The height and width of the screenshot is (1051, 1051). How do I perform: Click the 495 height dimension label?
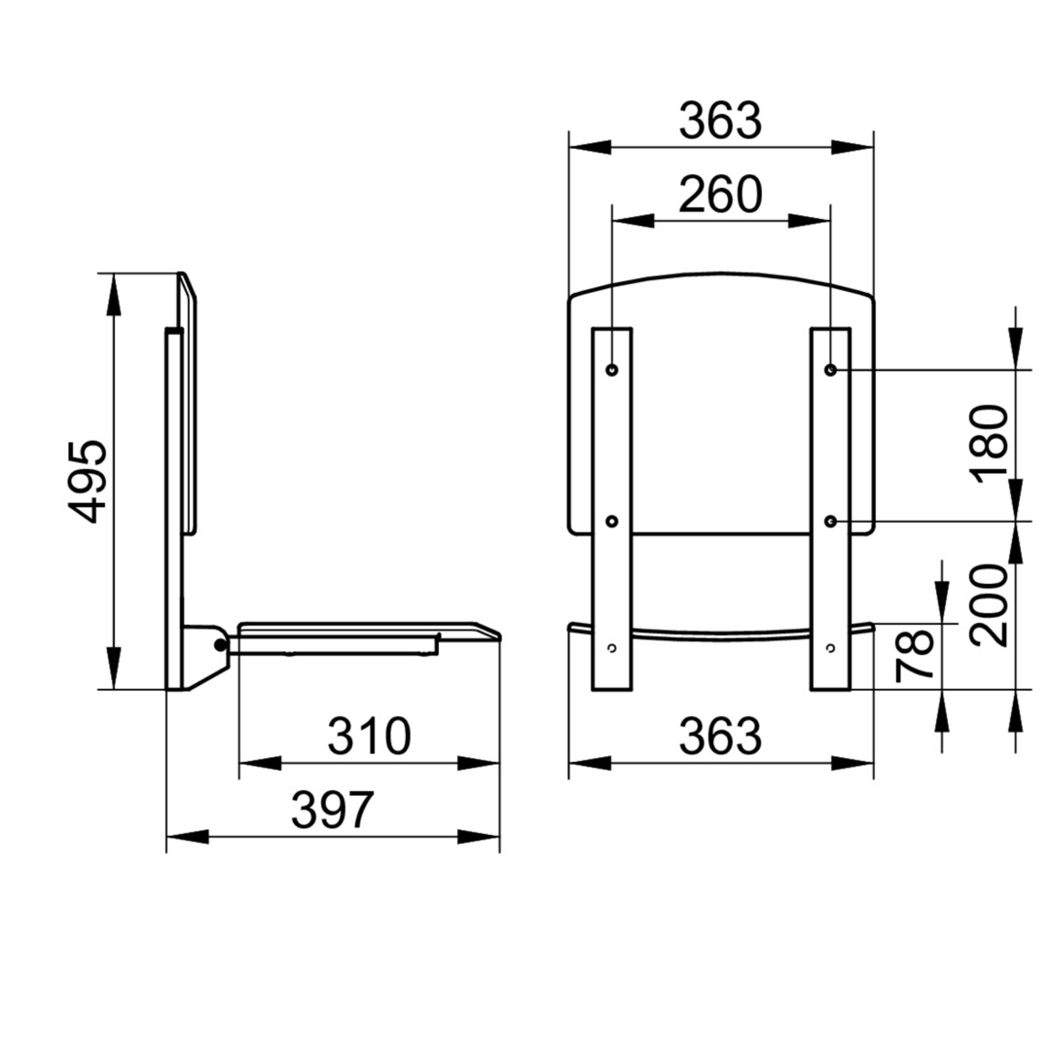[x=88, y=481]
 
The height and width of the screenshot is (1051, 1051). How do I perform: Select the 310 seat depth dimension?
[x=369, y=736]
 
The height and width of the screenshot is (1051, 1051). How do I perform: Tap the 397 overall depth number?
[x=332, y=810]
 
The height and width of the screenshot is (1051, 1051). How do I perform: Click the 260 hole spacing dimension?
[x=720, y=195]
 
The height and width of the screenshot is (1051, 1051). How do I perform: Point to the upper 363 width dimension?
[x=720, y=122]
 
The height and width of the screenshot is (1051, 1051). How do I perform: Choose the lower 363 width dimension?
[x=720, y=736]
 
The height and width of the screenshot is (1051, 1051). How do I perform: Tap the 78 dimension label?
[x=916, y=654]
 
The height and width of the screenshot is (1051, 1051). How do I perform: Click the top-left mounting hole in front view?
[x=612, y=370]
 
